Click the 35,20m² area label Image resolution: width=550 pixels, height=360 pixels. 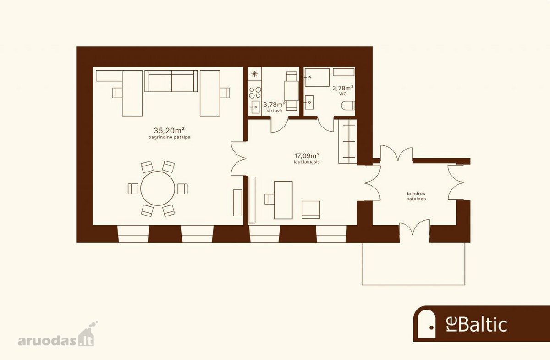click(x=169, y=130)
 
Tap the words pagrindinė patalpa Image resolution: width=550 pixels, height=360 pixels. click(x=169, y=138)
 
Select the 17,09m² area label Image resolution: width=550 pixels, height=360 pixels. click(x=307, y=156)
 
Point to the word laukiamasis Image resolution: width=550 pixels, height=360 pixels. click(x=307, y=162)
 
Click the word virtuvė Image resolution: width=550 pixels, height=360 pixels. click(x=274, y=111)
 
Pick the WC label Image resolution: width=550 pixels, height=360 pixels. click(x=343, y=94)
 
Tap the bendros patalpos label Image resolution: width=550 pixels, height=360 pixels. click(x=416, y=196)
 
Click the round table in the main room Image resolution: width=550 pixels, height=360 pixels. click(x=158, y=189)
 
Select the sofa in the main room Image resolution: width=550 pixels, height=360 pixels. click(x=171, y=81)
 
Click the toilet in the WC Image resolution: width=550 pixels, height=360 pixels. click(x=348, y=105)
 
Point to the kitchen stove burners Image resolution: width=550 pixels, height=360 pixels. click(x=255, y=93)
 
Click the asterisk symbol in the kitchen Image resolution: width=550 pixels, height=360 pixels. click(x=255, y=73)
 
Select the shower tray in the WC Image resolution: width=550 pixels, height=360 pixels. click(x=317, y=77)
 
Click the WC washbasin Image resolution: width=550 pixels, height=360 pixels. click(x=309, y=102)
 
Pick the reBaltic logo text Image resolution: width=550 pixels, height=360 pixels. click(x=476, y=325)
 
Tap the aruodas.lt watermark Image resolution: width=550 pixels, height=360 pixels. click(x=56, y=337)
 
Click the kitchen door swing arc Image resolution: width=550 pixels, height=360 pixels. click(x=282, y=128)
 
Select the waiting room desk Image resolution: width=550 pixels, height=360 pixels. click(x=283, y=200)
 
